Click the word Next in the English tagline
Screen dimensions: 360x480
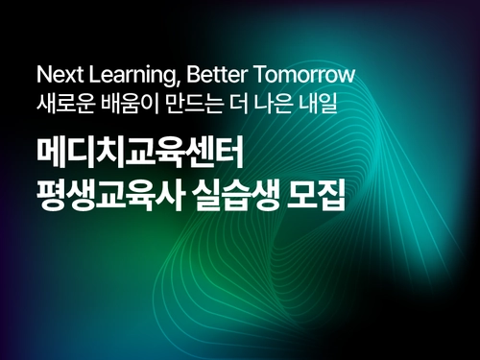(56, 74)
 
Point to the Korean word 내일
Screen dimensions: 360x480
(323, 101)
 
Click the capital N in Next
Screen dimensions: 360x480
(41, 74)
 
